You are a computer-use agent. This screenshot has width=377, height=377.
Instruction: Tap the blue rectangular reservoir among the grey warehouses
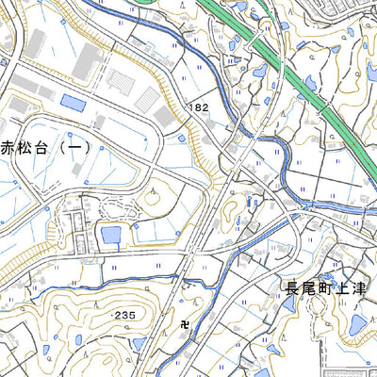(x=71, y=100)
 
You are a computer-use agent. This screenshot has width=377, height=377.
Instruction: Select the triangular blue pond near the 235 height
(x=139, y=343)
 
